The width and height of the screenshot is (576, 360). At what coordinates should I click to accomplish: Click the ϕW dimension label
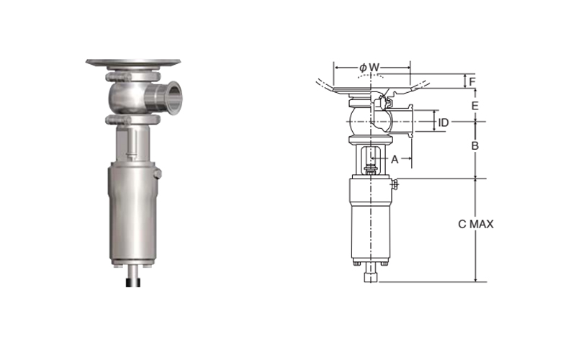tap(369, 68)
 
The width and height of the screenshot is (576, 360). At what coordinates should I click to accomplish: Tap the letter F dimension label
tap(472, 81)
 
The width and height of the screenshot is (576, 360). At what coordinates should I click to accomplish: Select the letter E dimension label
tap(474, 106)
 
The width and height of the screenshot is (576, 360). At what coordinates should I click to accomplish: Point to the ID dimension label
tap(444, 122)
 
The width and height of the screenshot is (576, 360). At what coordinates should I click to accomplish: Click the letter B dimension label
tap(474, 146)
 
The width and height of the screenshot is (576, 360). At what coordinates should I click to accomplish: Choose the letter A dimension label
tap(395, 159)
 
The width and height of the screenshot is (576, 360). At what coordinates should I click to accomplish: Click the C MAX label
tap(476, 224)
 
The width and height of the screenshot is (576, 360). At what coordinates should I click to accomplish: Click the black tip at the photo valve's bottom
tap(133, 282)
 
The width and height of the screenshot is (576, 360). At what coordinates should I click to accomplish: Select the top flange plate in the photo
tap(133, 63)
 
